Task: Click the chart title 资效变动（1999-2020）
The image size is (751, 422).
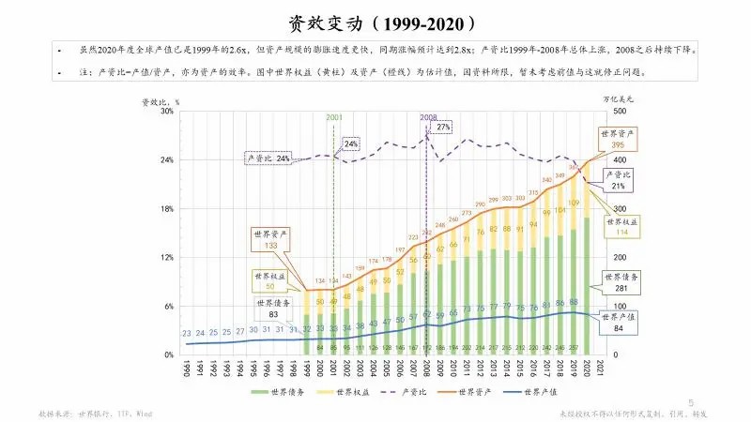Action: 375,22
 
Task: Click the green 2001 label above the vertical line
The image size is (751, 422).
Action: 334,117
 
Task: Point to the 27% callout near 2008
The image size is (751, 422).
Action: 444,127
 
